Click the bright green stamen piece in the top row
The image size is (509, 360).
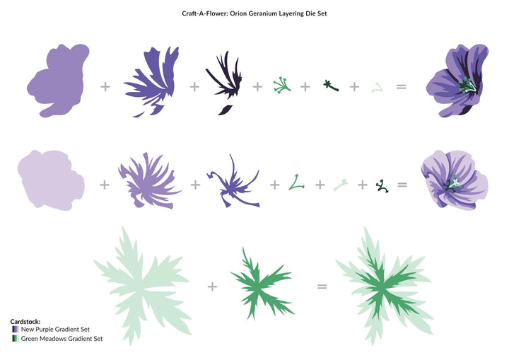(282, 85)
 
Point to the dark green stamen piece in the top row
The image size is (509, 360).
(331, 86)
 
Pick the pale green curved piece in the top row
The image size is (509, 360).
(378, 88)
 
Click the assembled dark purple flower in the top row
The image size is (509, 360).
(457, 81)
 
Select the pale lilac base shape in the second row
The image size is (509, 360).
(51, 180)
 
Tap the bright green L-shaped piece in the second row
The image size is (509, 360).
(296, 182)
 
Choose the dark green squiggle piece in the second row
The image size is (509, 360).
(382, 186)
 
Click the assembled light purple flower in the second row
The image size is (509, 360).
(455, 180)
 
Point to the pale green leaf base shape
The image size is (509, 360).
(142, 286)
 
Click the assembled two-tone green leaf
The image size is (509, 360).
(385, 286)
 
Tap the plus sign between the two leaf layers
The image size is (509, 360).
(212, 286)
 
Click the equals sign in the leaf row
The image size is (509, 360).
(322, 286)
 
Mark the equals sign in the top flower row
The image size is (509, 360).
(402, 86)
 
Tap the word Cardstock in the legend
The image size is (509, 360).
(25, 322)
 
